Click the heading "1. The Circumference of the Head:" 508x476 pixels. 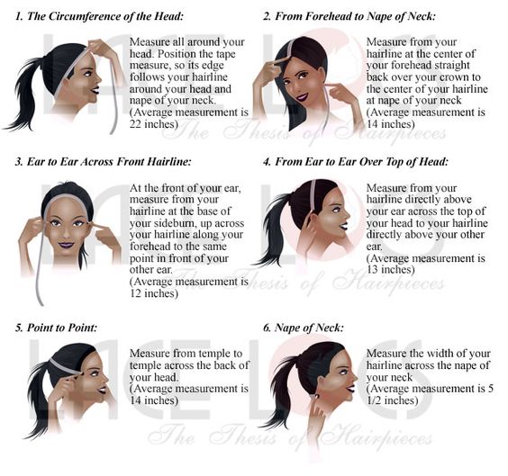[x=99, y=16]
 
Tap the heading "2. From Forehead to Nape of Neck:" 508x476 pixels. [x=349, y=16]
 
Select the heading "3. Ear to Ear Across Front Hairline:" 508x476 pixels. [x=103, y=161]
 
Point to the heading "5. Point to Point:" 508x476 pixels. [x=56, y=328]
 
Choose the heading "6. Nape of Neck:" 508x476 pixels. [x=304, y=328]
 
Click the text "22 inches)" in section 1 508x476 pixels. [x=154, y=124]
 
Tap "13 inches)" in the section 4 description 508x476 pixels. [x=390, y=270]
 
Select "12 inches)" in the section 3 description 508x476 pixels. [x=154, y=293]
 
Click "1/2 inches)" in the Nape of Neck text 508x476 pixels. [x=393, y=400]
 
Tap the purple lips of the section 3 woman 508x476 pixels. [x=67, y=245]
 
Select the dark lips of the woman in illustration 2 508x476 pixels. [x=302, y=96]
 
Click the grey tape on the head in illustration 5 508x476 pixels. [x=64, y=366]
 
